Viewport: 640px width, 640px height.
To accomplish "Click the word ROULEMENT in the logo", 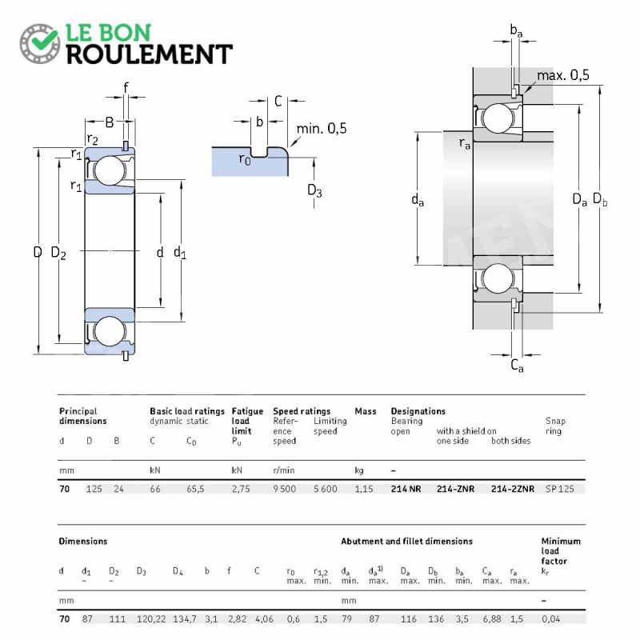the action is pyautogui.click(x=150, y=54).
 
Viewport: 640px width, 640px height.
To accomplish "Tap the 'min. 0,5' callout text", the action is pyautogui.click(x=322, y=129).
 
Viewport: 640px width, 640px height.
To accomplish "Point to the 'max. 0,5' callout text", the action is pyautogui.click(x=563, y=75).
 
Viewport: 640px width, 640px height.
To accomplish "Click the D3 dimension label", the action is pyautogui.click(x=314, y=190).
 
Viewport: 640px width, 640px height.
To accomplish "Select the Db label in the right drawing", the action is pyautogui.click(x=599, y=199).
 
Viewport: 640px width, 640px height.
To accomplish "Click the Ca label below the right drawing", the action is pyautogui.click(x=517, y=366).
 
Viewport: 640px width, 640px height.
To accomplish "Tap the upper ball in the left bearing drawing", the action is pyautogui.click(x=110, y=170).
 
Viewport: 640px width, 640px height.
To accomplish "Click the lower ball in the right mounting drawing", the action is pyautogui.click(x=497, y=278).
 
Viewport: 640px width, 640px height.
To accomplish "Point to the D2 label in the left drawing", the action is pyautogui.click(x=58, y=253).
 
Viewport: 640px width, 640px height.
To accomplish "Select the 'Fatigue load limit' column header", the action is pyautogui.click(x=247, y=421).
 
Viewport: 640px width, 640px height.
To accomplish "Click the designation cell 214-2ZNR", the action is pyautogui.click(x=513, y=489).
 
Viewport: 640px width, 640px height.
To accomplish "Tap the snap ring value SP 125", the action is pyautogui.click(x=559, y=489).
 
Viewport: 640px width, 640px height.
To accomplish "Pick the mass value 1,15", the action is pyautogui.click(x=364, y=489).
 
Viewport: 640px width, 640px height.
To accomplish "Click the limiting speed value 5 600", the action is pyautogui.click(x=326, y=489).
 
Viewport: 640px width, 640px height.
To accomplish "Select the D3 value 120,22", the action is pyautogui.click(x=151, y=618).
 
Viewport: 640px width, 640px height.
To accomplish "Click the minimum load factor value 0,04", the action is pyautogui.click(x=550, y=618).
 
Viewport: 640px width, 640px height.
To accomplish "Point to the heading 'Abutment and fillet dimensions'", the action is pyautogui.click(x=406, y=542).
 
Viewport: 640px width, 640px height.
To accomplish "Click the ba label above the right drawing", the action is pyautogui.click(x=516, y=30).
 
